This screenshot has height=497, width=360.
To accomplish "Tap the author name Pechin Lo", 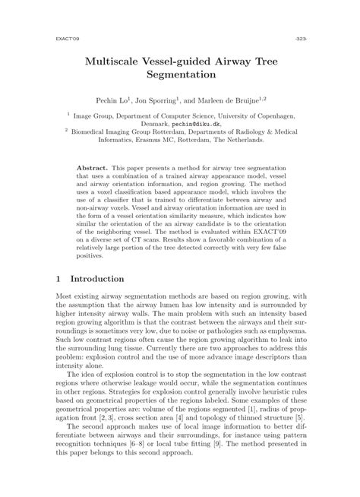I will pyautogui.click(x=134, y=99).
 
